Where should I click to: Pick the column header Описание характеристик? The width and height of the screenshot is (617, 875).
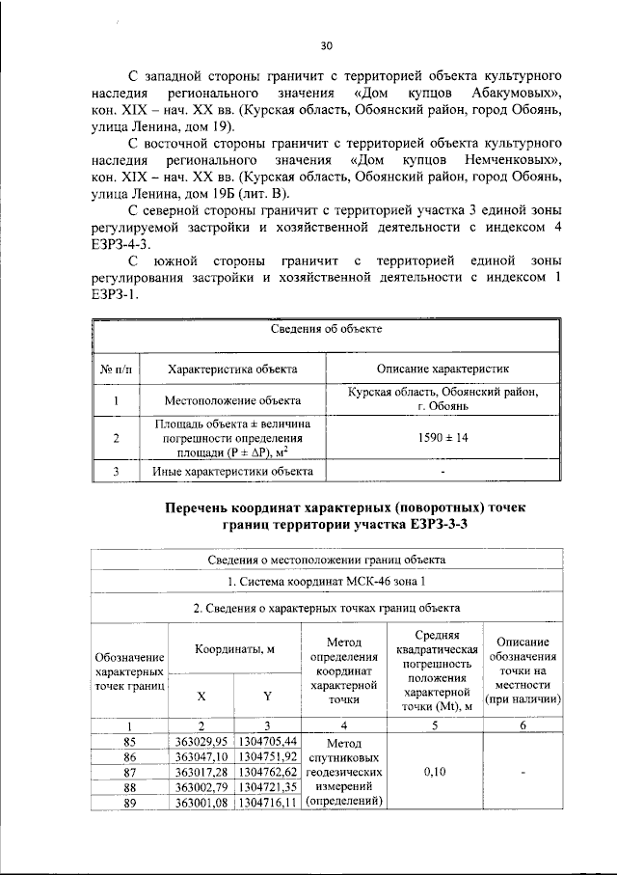point(443,369)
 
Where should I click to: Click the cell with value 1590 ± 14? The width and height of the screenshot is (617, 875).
point(443,438)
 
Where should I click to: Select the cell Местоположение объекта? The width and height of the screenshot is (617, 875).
point(232,399)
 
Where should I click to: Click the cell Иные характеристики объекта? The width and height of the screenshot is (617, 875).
point(232,472)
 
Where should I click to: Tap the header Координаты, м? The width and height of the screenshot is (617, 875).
point(235,649)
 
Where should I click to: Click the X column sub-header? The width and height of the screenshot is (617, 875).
point(201,696)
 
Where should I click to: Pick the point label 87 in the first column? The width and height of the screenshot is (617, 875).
point(130,772)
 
